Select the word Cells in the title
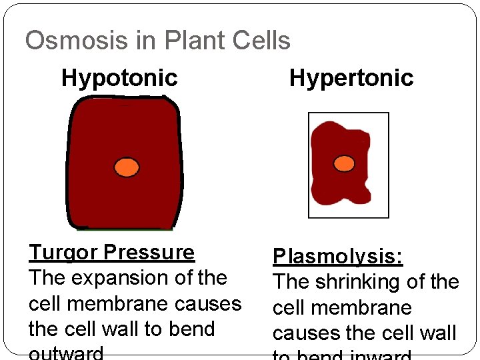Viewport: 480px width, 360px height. click(x=261, y=41)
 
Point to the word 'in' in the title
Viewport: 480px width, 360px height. click(x=144, y=41)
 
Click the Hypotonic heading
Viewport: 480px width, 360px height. click(x=119, y=78)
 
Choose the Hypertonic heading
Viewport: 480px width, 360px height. click(x=351, y=78)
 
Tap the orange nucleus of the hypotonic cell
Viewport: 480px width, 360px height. click(x=127, y=167)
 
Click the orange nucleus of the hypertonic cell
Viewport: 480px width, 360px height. click(x=344, y=163)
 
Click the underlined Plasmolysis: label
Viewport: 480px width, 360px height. click(x=338, y=257)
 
